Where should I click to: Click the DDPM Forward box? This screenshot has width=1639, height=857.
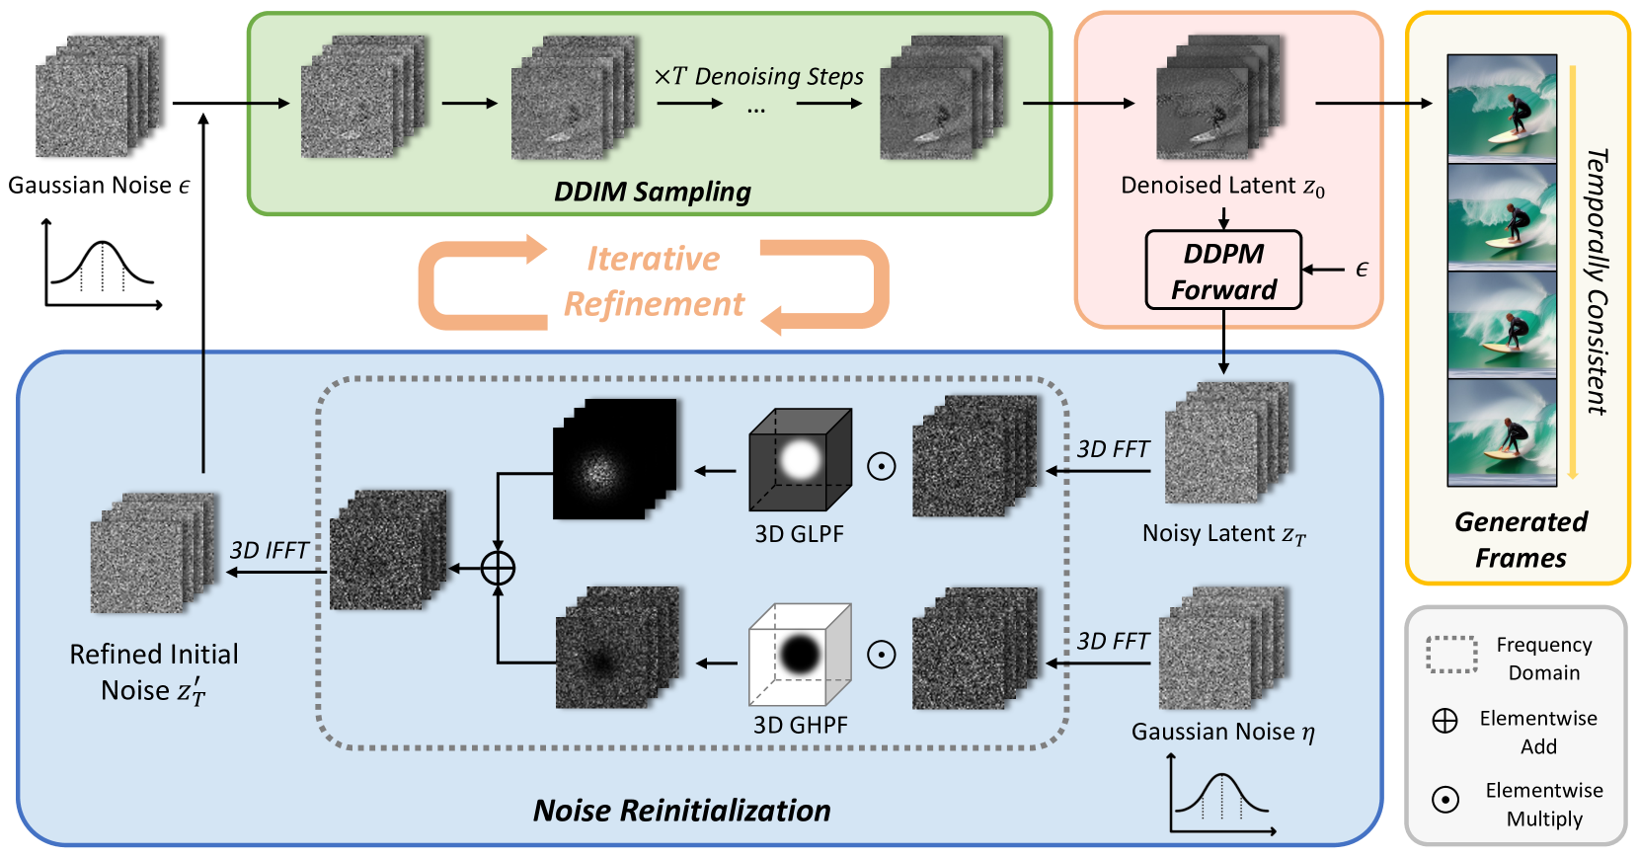click(x=1223, y=271)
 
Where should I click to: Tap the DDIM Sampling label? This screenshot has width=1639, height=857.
click(x=652, y=192)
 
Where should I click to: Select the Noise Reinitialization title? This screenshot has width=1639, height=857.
click(x=681, y=811)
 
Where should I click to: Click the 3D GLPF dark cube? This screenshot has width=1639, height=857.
click(x=800, y=459)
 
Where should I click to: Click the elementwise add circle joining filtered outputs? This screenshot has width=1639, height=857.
click(x=498, y=569)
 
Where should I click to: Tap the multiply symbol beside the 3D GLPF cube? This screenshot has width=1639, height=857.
click(x=881, y=466)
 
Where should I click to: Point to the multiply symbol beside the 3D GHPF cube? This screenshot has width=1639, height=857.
click(x=881, y=654)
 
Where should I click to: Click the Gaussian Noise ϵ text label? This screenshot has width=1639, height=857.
click(x=98, y=186)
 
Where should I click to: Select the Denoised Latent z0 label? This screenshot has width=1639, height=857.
click(x=1222, y=186)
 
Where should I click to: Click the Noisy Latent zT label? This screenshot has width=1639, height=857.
click(x=1223, y=534)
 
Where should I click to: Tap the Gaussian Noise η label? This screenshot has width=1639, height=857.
click(x=1222, y=732)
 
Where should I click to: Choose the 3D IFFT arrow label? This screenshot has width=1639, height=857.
click(x=269, y=550)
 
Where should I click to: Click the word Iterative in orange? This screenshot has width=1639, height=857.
click(x=654, y=259)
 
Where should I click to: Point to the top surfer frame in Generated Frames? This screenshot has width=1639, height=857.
click(x=1502, y=108)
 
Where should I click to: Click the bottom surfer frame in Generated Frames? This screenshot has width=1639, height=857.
click(x=1502, y=431)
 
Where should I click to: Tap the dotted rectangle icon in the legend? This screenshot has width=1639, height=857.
click(x=1451, y=655)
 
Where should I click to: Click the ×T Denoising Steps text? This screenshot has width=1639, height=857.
click(x=758, y=76)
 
